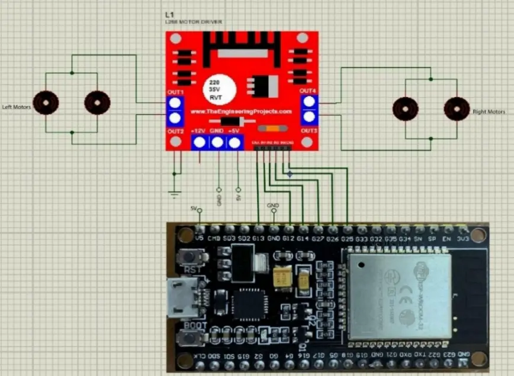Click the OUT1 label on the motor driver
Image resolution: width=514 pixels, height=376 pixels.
[x=175, y=92]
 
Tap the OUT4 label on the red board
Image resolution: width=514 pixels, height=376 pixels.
[x=308, y=90]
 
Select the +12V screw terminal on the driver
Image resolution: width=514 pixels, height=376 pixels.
[x=200, y=142]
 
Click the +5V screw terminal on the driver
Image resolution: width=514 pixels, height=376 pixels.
[x=235, y=142]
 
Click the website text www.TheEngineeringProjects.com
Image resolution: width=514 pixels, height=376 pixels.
[x=241, y=111]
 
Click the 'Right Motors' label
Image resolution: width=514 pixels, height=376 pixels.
[x=489, y=111]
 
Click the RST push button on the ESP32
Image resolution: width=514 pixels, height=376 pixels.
[x=191, y=258]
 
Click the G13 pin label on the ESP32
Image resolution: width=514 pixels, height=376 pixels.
[x=258, y=238]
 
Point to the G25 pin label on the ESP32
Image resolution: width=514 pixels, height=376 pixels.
[x=347, y=238]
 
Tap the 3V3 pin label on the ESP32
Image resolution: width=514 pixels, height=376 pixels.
[x=463, y=238]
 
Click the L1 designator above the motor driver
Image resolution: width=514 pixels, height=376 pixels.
[x=170, y=14]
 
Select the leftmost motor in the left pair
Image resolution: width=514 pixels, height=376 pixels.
[x=46, y=103]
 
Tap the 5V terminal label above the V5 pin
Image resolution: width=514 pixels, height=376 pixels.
[x=194, y=208]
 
